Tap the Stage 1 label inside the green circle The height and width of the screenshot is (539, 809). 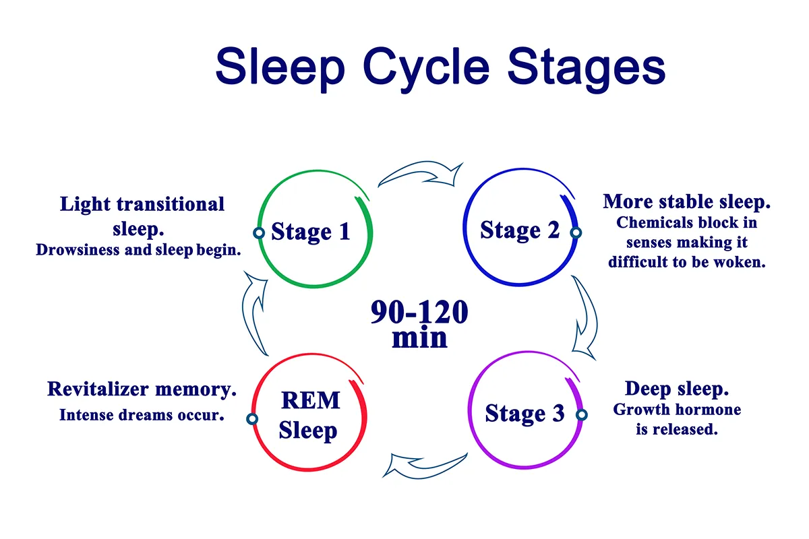(311, 232)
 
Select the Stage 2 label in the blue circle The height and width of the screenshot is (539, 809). (520, 230)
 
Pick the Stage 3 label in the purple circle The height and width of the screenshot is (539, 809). (525, 413)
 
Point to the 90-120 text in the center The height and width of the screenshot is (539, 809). (419, 313)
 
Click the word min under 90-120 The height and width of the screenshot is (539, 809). (419, 338)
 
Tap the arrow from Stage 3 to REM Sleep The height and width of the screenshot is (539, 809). (425, 465)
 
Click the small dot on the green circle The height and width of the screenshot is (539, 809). (258, 232)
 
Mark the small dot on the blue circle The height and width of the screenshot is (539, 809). (576, 232)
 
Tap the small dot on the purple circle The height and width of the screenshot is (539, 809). (581, 415)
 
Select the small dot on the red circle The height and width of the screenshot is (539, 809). (252, 419)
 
